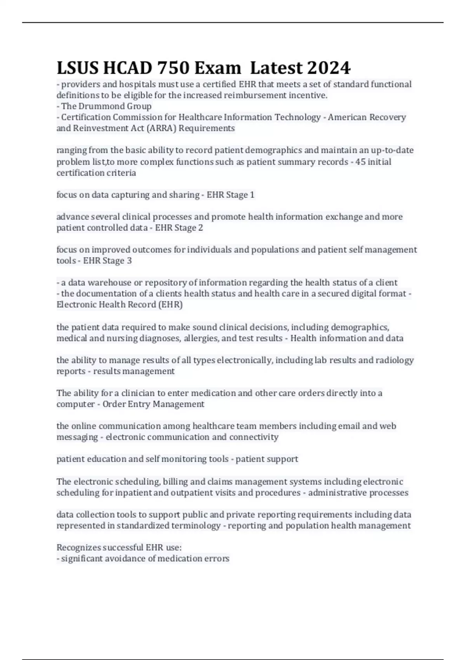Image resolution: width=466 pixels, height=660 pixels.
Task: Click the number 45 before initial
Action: [360, 162]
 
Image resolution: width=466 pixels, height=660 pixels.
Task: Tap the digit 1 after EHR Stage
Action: [252, 195]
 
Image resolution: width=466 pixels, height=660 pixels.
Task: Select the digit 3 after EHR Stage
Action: [129, 261]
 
